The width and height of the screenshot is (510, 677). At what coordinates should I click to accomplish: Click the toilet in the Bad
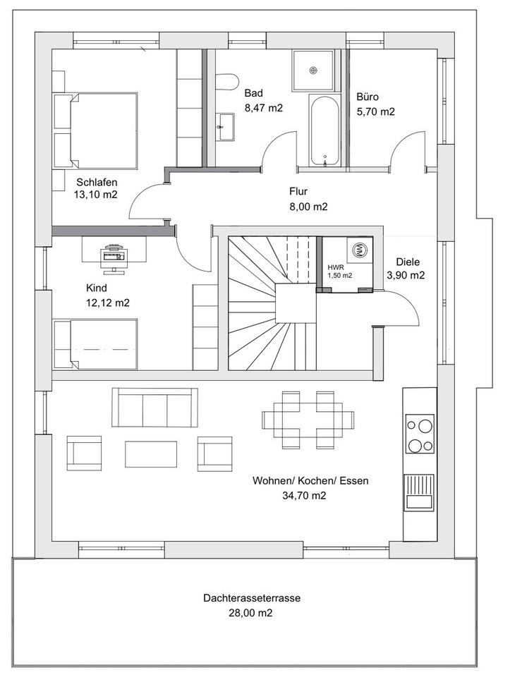[227, 82]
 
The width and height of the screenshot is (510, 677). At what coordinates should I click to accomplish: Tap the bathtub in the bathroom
[324, 130]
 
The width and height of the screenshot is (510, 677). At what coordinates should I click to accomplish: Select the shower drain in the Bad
[313, 71]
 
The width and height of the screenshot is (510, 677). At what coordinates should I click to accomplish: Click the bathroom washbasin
[225, 127]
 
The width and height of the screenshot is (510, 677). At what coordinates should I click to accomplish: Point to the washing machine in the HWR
[359, 249]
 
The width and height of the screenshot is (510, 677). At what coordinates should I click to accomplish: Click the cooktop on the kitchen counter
[420, 434]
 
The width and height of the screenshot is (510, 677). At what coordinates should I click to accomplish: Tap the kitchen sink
[419, 492]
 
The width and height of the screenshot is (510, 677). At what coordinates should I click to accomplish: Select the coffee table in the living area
[151, 453]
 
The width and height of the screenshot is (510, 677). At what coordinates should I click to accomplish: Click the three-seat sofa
[154, 408]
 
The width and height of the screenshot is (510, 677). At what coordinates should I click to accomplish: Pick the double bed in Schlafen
[95, 130]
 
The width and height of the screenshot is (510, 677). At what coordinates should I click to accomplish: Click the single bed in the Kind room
[95, 344]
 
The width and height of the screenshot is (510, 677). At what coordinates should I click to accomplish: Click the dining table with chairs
[308, 419]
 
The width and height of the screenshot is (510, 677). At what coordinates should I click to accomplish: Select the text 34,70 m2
[304, 496]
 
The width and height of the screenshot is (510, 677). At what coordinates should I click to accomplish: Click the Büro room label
[368, 97]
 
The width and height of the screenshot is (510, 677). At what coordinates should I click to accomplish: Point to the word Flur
[298, 191]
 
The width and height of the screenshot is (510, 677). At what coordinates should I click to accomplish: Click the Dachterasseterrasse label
[252, 599]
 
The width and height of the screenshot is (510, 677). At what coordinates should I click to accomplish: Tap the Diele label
[408, 262]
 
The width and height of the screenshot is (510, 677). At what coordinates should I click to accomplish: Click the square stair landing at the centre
[296, 303]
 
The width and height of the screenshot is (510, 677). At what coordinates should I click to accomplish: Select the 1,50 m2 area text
[340, 276]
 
